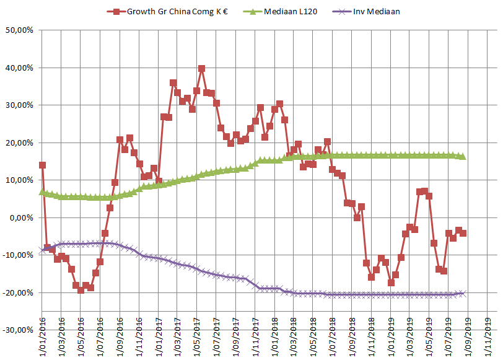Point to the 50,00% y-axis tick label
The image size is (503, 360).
pyautogui.click(x=20, y=30)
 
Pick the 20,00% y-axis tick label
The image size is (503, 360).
pyautogui.click(x=20, y=143)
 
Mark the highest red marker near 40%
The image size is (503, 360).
pyautogui.click(x=201, y=69)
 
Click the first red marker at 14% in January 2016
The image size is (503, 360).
pyautogui.click(x=42, y=165)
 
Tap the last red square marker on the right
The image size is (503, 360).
pyautogui.click(x=463, y=233)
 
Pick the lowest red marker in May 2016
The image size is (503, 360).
pyautogui.click(x=81, y=290)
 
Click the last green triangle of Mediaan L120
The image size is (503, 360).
pyautogui.click(x=463, y=157)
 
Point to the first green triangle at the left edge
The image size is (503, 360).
pyautogui.click(x=42, y=192)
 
